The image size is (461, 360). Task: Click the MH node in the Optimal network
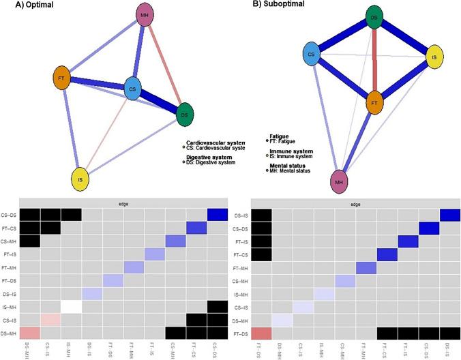tap(145, 15)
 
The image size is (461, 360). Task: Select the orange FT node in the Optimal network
tap(60, 76)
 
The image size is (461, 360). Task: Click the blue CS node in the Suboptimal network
tap(311, 55)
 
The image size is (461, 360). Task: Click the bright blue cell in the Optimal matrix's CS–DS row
tap(216, 214)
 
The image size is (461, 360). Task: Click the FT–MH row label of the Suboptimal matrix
tap(239, 266)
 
